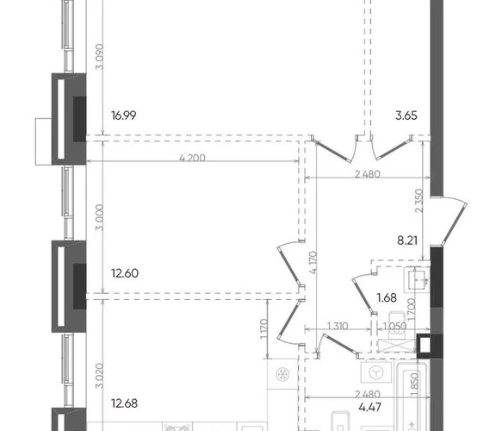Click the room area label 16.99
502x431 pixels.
click(x=124, y=116)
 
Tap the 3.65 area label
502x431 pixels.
click(x=406, y=116)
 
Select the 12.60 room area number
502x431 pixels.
click(x=125, y=273)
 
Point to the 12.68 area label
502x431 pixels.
click(x=125, y=403)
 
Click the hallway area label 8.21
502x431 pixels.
click(x=407, y=240)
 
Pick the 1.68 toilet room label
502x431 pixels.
click(x=387, y=298)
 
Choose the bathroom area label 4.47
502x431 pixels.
click(x=370, y=407)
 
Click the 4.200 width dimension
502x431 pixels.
click(x=192, y=158)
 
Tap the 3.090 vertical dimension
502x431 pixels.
click(x=100, y=57)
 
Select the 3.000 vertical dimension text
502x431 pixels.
click(x=100, y=217)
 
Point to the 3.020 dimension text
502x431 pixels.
click(x=100, y=376)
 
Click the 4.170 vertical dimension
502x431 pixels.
click(x=313, y=263)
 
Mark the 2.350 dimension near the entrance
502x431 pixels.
click(x=419, y=201)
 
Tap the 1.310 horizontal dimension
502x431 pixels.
click(x=338, y=326)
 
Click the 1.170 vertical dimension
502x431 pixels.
click(x=263, y=328)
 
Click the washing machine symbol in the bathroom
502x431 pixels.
click(x=376, y=372)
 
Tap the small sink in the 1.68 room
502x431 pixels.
click(x=417, y=280)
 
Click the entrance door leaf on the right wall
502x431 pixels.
click(x=455, y=224)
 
